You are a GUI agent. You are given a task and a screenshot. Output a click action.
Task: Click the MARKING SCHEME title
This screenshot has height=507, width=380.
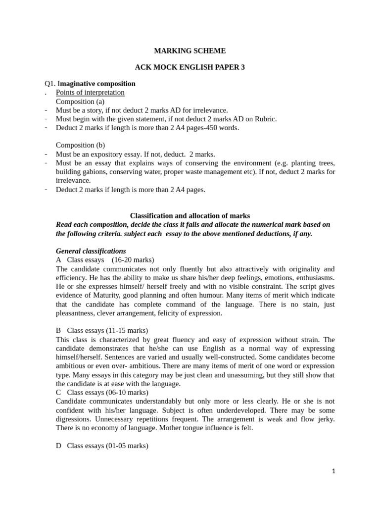190,51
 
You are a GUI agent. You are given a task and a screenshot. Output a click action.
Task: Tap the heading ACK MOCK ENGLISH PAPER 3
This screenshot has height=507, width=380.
190,67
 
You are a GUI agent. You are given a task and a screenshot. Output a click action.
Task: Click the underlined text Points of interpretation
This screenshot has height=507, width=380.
90,93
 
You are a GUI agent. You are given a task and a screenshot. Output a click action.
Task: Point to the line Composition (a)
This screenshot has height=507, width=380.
81,101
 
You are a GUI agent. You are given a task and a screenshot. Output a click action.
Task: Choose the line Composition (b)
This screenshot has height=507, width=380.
81,145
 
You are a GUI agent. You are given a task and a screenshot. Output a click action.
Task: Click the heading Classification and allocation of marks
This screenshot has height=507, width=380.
190,215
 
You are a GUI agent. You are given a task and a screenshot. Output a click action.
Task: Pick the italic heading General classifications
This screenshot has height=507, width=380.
91,251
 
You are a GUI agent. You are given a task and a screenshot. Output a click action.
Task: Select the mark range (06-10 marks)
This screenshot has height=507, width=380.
126,393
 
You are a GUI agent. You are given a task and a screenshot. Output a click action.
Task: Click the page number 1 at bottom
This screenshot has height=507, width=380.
333,471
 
